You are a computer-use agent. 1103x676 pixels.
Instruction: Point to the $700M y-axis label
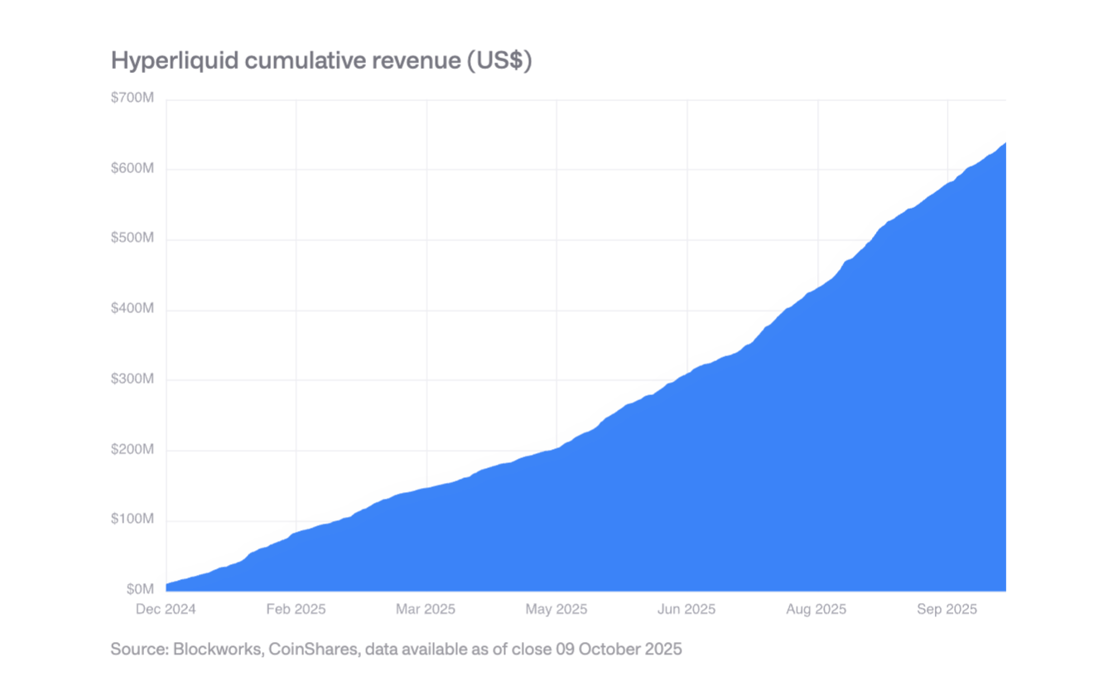[x=132, y=99]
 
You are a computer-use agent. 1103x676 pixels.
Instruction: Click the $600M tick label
[x=132, y=168]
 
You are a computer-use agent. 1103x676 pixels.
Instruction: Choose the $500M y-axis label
[x=132, y=239]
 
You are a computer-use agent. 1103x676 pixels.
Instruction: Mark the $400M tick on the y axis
[x=132, y=309]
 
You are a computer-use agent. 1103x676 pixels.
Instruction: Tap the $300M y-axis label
[x=132, y=379]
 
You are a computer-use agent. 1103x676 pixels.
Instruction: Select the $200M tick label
[x=132, y=450]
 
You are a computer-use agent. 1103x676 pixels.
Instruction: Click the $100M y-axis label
[x=132, y=519]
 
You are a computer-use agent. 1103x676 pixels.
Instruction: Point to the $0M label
[x=139, y=589]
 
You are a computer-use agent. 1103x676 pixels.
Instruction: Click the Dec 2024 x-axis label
[x=166, y=610]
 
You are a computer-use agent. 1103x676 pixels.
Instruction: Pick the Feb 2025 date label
[x=296, y=610]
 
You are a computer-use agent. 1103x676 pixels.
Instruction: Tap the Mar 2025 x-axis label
[x=426, y=610]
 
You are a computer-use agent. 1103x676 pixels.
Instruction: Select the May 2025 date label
[x=556, y=610]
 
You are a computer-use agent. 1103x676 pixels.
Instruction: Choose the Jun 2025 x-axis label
[x=686, y=610]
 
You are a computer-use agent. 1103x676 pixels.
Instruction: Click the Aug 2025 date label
[x=816, y=610]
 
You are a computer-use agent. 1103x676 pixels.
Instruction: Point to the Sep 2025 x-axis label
[x=946, y=610]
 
